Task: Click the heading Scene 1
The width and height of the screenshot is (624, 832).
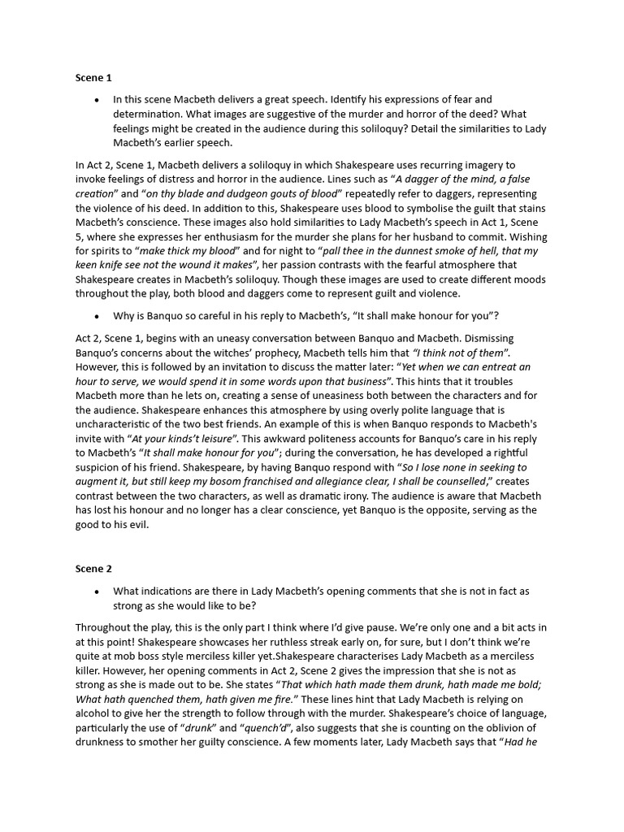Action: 93,78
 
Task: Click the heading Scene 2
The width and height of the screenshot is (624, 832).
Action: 93,569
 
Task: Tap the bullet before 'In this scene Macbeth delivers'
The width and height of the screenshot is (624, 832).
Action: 97,100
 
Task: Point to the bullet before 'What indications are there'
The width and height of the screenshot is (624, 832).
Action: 97,591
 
